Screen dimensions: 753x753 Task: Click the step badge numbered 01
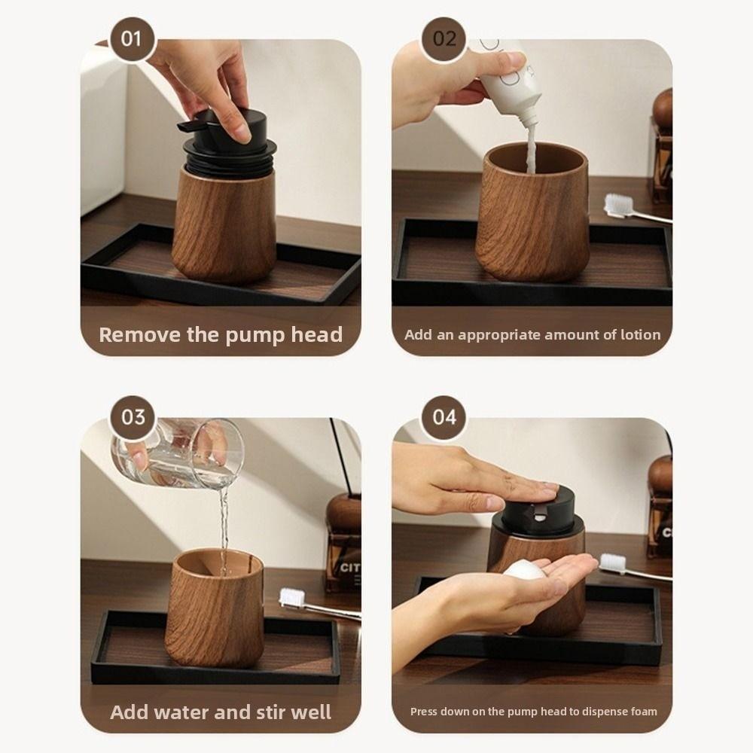click(x=131, y=38)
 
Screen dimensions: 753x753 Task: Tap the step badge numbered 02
click(x=444, y=38)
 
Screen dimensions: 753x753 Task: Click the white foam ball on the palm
click(x=524, y=572)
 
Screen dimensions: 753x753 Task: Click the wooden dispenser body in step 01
click(x=224, y=226)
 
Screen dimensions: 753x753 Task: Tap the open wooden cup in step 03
click(x=214, y=610)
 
